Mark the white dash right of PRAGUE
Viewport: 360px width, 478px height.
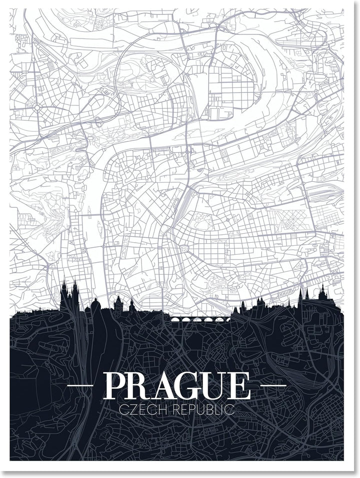pos(273,386)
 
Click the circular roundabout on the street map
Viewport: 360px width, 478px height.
pos(37,107)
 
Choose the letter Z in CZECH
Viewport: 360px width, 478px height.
pos(132,411)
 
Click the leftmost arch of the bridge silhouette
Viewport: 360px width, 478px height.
pos(176,320)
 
